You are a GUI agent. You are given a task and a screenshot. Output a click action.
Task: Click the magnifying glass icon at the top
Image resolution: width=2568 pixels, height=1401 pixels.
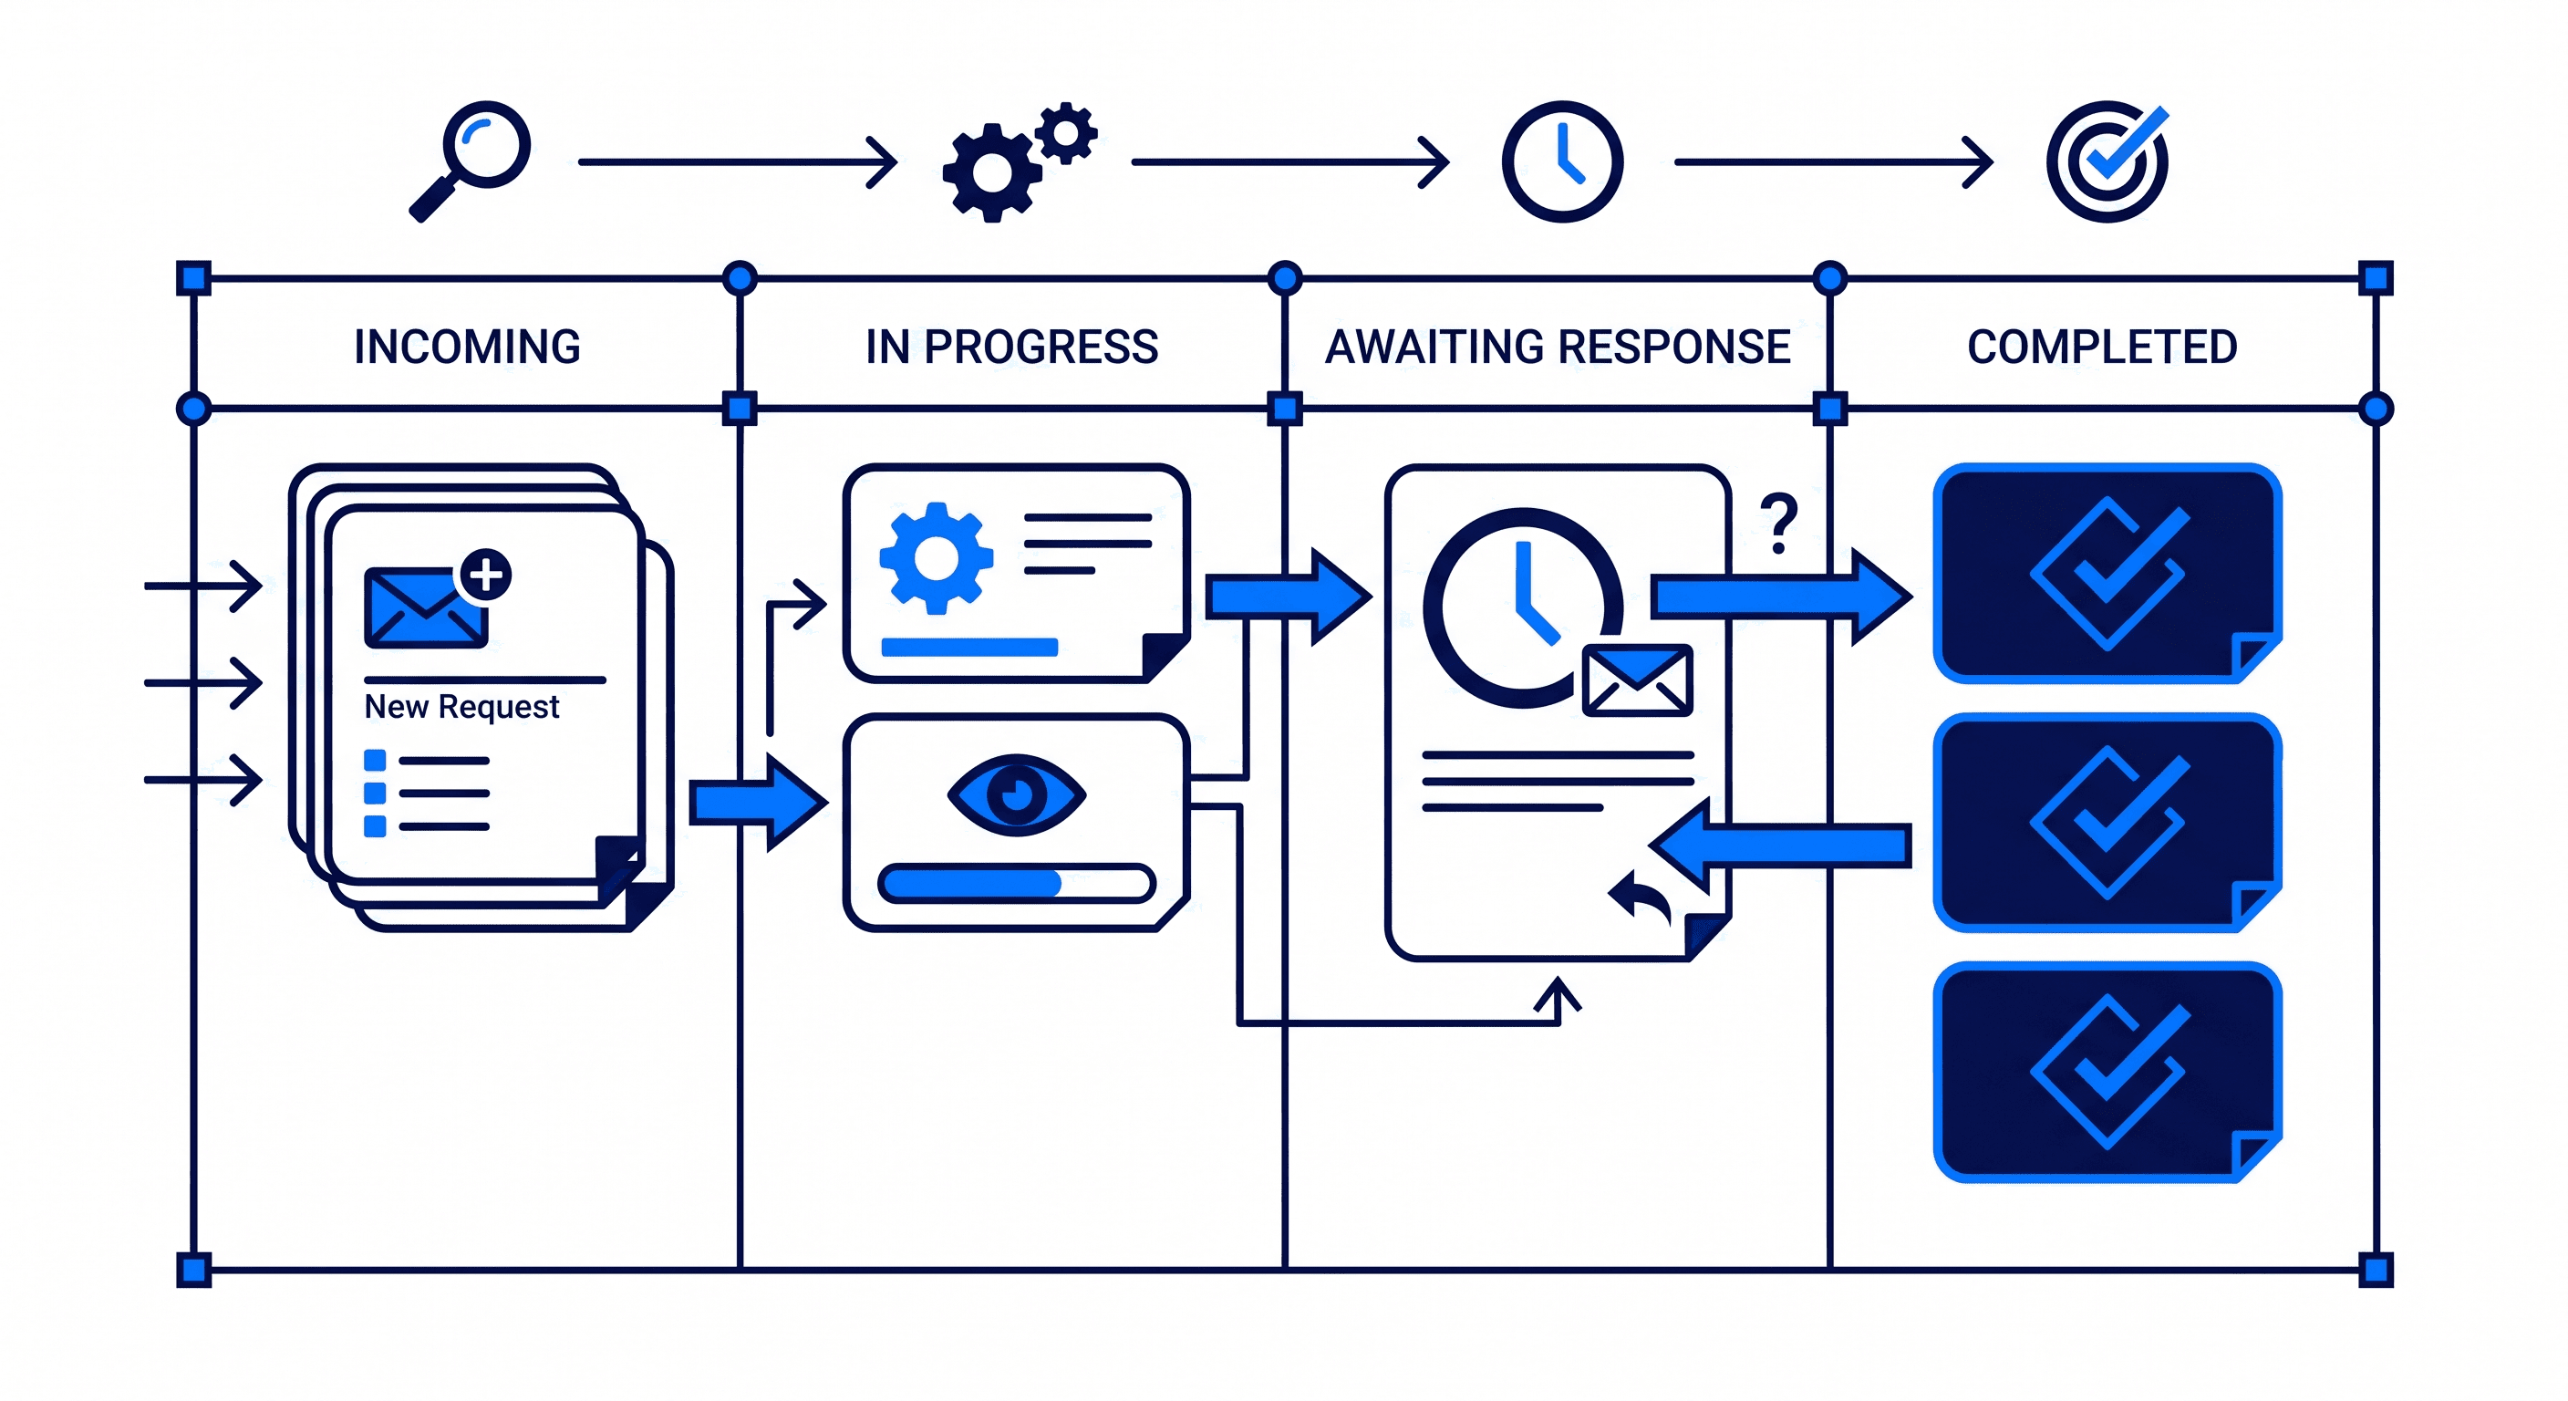pos(477,154)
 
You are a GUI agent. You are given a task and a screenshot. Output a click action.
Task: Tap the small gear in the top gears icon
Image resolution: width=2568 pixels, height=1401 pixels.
pos(1066,132)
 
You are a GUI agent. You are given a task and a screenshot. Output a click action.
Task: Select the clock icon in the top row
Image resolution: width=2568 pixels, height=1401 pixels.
pos(1561,161)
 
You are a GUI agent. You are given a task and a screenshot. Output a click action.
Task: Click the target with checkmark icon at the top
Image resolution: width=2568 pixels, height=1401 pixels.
pos(2107,161)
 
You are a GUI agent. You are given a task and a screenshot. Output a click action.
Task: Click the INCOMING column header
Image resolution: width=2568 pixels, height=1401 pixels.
pos(467,347)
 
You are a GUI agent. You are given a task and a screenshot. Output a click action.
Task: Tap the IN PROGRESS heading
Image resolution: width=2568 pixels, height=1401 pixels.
pos(1010,347)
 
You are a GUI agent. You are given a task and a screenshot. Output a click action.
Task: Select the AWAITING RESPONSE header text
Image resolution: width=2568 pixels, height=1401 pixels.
pos(1558,347)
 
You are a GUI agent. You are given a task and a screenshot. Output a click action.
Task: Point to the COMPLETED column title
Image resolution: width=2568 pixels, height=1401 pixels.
pos(2101,347)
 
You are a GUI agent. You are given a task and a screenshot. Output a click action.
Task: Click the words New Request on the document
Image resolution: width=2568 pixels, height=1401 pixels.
pos(461,706)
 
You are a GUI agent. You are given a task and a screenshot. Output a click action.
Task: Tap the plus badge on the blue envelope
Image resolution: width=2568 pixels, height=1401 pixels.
pos(485,575)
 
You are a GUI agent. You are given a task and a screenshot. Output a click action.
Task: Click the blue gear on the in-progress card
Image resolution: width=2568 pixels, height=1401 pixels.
pos(935,558)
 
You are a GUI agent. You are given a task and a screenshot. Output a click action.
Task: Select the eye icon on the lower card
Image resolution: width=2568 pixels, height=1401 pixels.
pos(1016,794)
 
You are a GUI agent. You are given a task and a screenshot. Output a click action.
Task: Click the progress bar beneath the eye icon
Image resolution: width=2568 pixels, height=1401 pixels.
pos(1016,884)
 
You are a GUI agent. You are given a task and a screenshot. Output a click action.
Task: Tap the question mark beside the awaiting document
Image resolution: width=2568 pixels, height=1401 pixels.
pos(1777,523)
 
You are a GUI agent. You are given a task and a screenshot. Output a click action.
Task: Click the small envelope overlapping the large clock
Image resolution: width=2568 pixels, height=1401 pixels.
pos(1637,680)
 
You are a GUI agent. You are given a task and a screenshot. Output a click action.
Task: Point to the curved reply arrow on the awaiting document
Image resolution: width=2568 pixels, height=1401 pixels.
pos(1641,895)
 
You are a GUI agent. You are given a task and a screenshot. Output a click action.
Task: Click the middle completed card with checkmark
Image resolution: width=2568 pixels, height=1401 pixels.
pos(2107,823)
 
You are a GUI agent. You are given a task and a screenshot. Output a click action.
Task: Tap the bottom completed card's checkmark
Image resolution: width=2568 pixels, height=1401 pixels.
pos(2108,1072)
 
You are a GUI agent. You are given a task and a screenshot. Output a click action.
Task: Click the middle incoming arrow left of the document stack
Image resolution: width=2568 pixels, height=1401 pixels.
pos(204,683)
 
